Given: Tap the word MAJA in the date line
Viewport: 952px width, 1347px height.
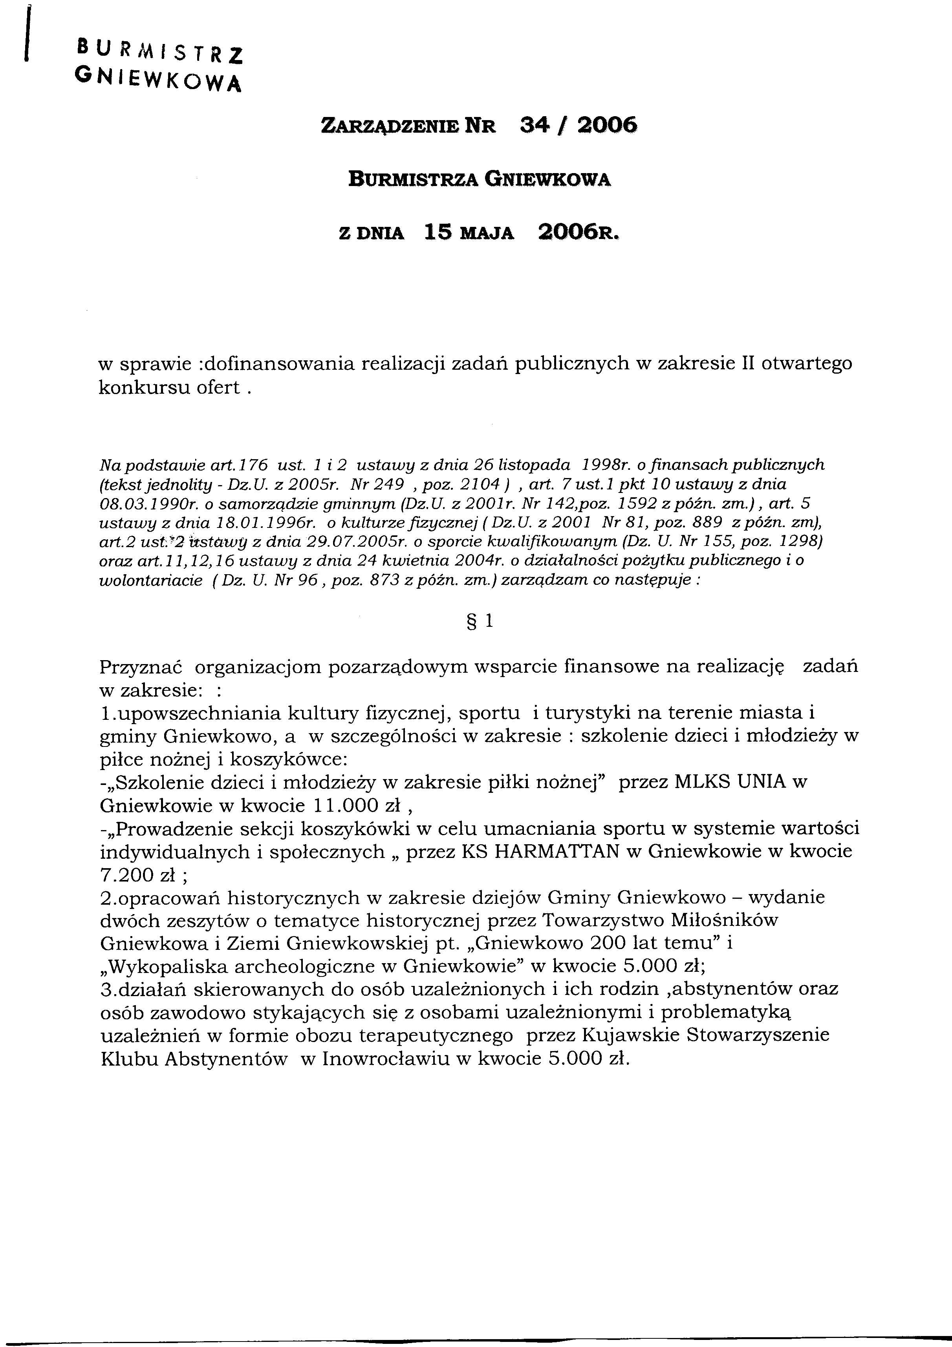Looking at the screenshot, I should pos(488,234).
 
